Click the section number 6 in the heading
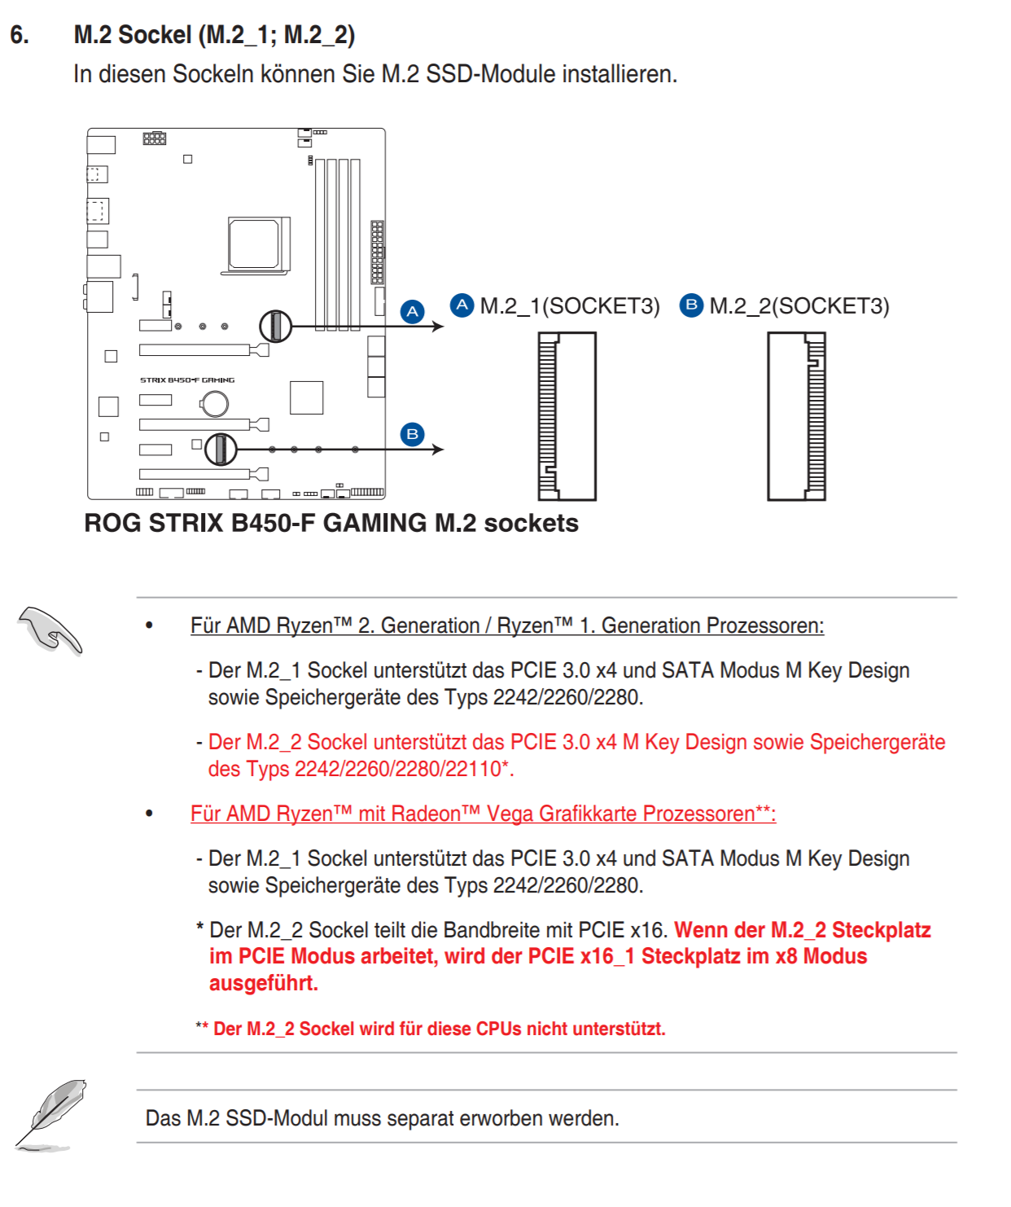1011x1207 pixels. coord(20,35)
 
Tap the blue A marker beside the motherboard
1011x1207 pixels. coord(413,311)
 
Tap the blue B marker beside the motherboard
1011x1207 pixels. coord(413,434)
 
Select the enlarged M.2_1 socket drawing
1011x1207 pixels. coord(567,416)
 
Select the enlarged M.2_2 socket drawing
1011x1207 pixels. coord(797,416)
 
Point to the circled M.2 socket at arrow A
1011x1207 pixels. coord(276,327)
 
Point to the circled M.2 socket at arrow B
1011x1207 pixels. coord(221,449)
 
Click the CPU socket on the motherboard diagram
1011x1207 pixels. coord(256,244)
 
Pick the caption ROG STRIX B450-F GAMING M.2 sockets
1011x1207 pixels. coord(331,523)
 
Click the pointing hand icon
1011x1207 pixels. coord(50,630)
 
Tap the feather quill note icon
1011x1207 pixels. coord(50,1115)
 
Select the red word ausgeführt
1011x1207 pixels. coord(263,983)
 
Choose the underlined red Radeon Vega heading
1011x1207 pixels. coord(483,814)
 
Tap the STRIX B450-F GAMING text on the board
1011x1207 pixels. coord(187,380)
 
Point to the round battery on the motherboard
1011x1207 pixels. coord(215,403)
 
